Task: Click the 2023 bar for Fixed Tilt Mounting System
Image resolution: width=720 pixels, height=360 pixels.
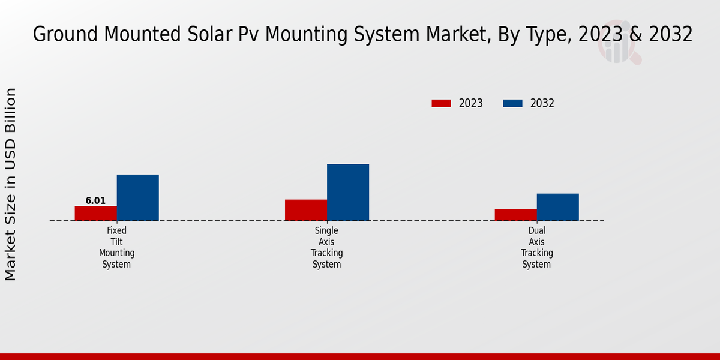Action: pos(95,213)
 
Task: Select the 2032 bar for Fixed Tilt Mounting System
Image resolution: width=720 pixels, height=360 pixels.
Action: pos(137,197)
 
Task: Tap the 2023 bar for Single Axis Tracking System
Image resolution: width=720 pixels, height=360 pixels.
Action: pos(306,210)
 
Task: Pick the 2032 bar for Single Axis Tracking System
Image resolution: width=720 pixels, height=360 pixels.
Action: pos(348,192)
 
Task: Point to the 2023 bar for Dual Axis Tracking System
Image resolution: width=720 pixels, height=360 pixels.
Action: pos(516,215)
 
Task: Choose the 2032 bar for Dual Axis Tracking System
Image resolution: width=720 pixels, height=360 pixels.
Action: pos(558,207)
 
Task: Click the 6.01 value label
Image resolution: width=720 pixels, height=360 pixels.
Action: pos(95,201)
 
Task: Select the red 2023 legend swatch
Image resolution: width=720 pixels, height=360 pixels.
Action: pos(441,103)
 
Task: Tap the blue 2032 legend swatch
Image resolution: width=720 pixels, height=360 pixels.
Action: pos(512,103)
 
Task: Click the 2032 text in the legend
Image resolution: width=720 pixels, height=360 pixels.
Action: pos(542,103)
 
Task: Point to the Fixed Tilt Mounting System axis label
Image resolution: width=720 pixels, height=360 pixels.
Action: pos(117,247)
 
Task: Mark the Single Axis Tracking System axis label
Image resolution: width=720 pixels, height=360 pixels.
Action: pos(327,247)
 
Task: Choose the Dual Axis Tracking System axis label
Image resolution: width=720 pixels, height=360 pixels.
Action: pos(537,247)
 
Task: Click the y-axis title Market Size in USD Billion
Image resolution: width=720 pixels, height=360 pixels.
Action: pos(11,184)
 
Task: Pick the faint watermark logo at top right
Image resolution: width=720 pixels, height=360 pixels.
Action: pos(618,42)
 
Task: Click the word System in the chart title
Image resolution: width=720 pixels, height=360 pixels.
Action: pos(379,35)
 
